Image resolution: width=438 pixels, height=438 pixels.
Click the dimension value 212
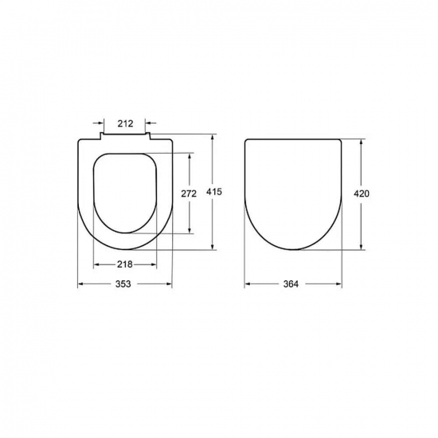[125, 123]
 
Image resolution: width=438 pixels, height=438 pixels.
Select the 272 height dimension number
[188, 194]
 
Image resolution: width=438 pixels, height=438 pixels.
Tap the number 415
[213, 192]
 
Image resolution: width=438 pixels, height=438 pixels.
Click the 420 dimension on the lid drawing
[363, 194]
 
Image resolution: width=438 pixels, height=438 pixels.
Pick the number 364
[292, 284]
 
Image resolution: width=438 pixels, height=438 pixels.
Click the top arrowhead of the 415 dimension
[213, 139]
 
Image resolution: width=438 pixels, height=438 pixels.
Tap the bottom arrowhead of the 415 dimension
[213, 246]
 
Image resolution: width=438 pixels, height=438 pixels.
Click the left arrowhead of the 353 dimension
[80, 284]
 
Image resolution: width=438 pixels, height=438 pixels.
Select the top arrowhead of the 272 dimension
[189, 154]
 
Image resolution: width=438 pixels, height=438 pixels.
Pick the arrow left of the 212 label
[100, 123]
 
